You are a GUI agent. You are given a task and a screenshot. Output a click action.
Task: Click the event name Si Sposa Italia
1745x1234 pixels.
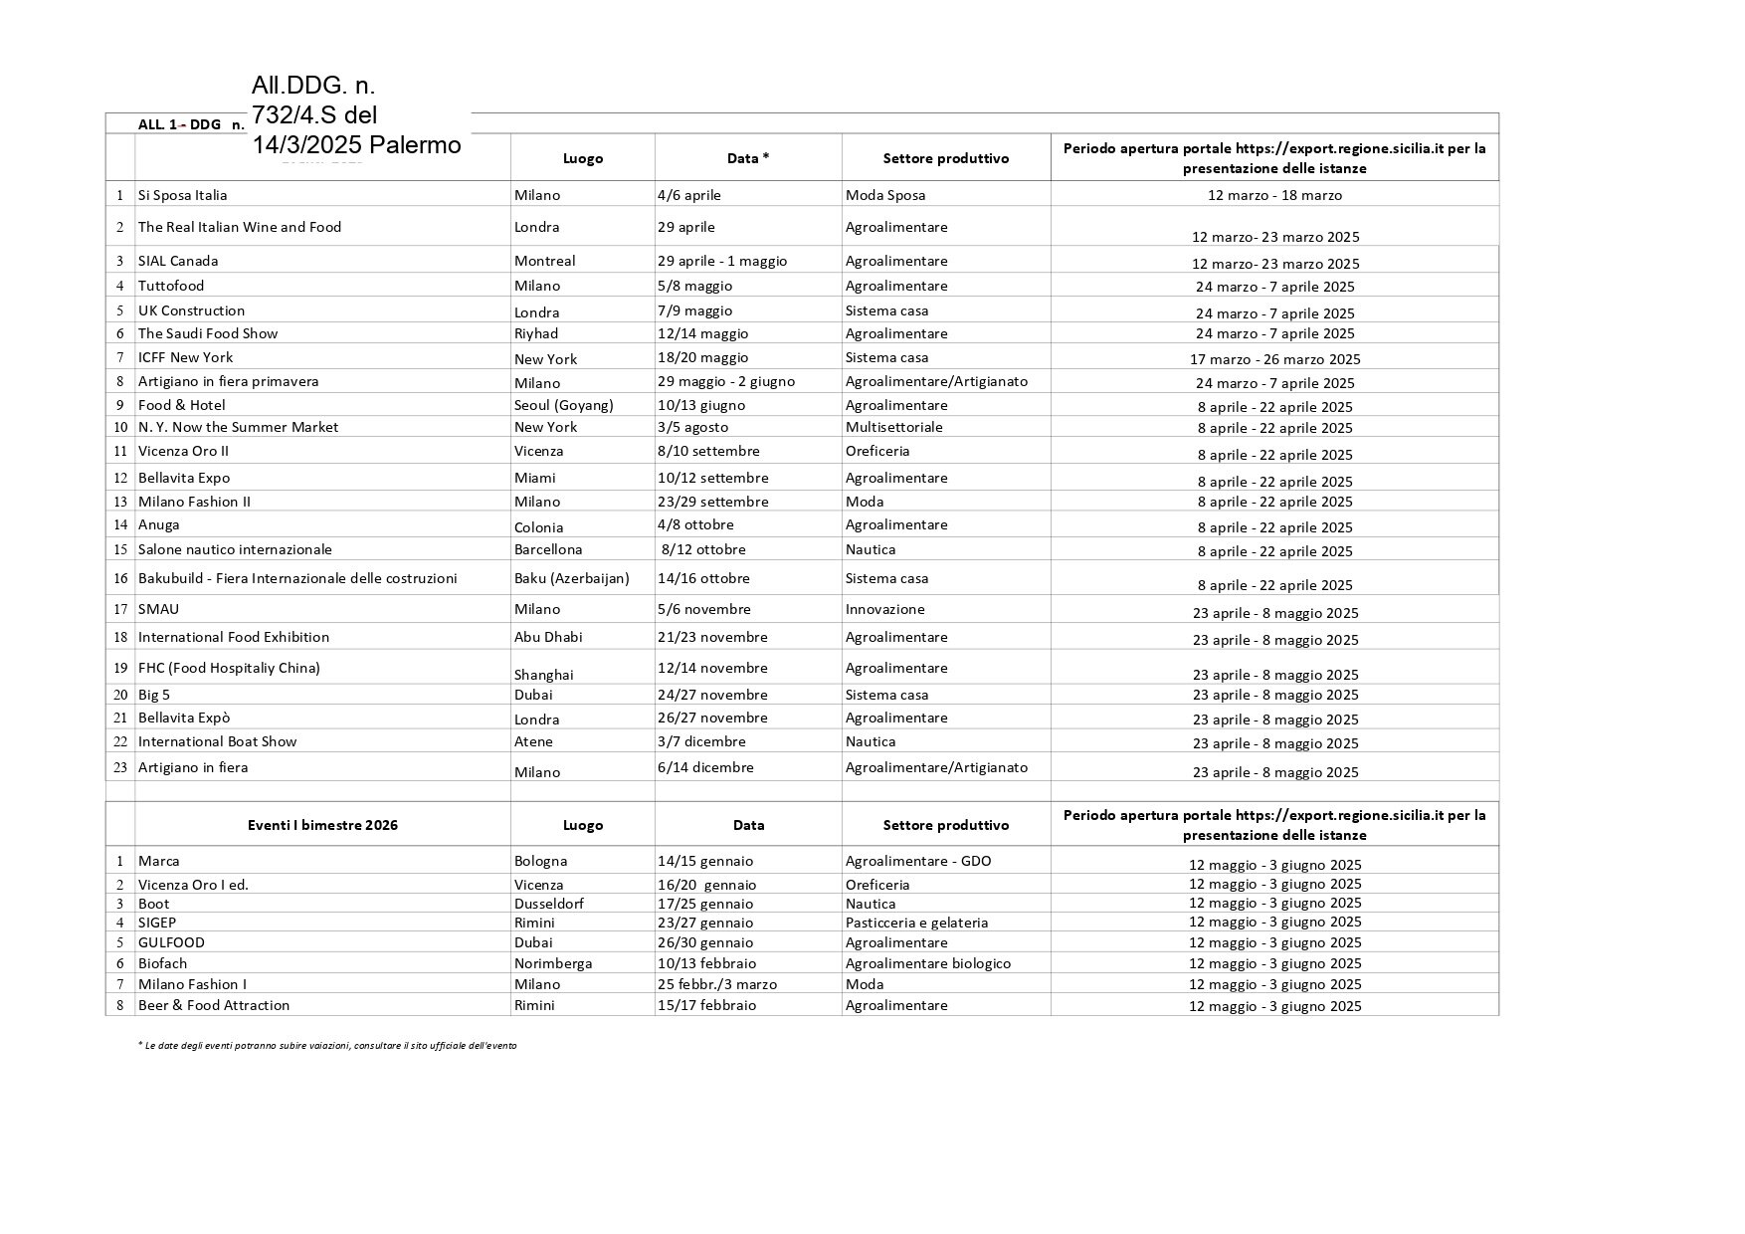pos(183,195)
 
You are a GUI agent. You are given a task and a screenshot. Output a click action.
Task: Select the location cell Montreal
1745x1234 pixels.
pos(544,261)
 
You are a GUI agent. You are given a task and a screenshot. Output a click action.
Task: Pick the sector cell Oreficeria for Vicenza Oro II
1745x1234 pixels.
pos(877,451)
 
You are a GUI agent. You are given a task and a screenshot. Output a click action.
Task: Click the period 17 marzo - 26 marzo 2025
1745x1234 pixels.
pos(1274,359)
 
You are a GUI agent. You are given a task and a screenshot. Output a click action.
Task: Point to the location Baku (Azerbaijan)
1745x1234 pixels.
pos(571,578)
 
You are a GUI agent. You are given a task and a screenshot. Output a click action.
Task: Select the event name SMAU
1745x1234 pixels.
pos(159,609)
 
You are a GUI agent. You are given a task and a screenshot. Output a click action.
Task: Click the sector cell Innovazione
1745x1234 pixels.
pos(884,609)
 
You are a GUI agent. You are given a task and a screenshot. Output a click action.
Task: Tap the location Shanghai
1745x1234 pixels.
pos(543,675)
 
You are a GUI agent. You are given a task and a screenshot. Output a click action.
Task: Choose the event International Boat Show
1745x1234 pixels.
pos(217,741)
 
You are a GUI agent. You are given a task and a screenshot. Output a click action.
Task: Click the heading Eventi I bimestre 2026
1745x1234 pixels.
pos(322,825)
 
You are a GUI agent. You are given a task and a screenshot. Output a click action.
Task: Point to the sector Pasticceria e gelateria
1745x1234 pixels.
pos(916,923)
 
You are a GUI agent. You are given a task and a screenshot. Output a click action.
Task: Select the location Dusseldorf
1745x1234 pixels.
pos(548,904)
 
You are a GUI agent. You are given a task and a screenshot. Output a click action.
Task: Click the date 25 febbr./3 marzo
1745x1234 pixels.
pos(716,984)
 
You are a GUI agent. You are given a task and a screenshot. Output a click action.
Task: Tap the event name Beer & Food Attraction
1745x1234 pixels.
pos(214,1005)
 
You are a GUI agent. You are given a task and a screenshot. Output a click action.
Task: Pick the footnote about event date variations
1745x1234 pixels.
pos(327,1046)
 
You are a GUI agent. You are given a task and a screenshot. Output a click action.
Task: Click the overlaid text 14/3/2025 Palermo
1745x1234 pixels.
pos(356,145)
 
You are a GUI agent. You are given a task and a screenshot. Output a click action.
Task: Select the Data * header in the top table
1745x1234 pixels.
pos(748,158)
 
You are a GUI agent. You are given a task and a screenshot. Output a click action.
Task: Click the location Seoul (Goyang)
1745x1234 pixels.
pos(563,405)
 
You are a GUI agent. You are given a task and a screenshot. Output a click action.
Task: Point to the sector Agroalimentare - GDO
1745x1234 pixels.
pos(917,861)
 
